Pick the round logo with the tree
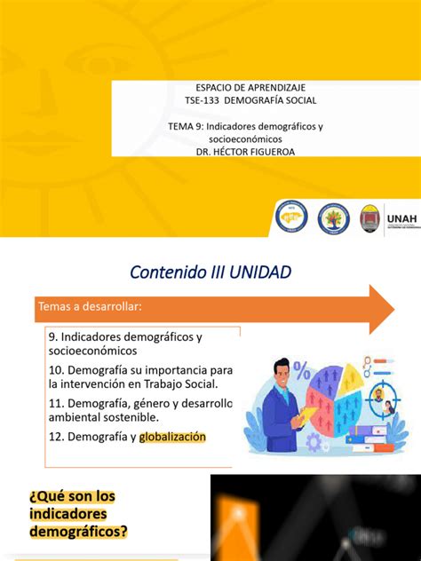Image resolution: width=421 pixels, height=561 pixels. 334,217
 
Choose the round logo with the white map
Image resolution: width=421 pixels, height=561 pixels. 291,217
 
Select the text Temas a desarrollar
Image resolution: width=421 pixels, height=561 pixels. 89,306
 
